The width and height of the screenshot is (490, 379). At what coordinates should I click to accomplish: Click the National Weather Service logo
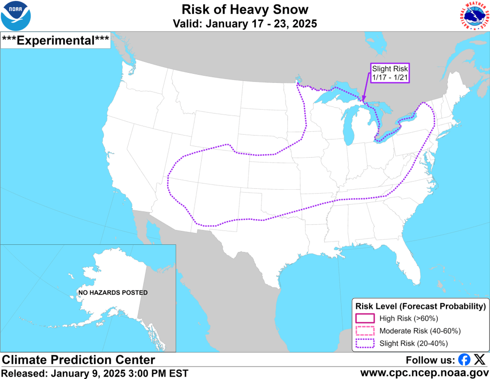[x=474, y=16]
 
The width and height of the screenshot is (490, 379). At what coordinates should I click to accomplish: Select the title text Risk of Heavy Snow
[x=245, y=9]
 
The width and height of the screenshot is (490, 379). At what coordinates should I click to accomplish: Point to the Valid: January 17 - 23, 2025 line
[x=245, y=23]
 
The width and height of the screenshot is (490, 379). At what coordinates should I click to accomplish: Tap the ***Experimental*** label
[x=56, y=40]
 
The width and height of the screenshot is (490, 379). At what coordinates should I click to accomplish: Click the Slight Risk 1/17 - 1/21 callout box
[x=390, y=73]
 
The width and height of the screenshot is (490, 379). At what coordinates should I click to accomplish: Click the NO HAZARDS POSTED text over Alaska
[x=114, y=292]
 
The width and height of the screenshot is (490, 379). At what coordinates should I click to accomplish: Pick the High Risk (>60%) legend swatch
[x=365, y=318]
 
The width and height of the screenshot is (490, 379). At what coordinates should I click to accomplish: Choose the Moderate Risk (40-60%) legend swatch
[x=365, y=331]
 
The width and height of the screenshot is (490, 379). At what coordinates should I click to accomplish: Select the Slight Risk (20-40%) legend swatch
[x=365, y=343]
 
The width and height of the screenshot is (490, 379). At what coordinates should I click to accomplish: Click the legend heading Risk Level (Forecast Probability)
[x=420, y=306]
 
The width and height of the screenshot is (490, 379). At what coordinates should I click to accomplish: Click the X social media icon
[x=479, y=360]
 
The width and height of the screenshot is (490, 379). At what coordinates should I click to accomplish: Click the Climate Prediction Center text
[x=79, y=360]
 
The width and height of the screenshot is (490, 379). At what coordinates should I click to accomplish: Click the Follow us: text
[x=430, y=360]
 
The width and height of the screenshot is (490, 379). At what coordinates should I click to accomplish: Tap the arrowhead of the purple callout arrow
[x=364, y=100]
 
